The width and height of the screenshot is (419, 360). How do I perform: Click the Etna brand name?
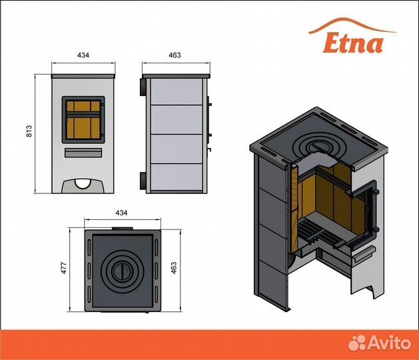[x=354, y=42]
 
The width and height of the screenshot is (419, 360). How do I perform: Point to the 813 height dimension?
[x=29, y=131]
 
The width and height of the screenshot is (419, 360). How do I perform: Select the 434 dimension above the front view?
[x=84, y=55]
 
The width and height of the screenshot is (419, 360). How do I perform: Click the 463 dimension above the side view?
[x=175, y=55]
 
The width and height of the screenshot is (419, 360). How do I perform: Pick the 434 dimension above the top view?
[x=121, y=213]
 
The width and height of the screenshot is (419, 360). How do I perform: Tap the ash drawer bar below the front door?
[x=84, y=153]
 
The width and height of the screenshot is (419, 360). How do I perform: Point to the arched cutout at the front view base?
[x=84, y=183]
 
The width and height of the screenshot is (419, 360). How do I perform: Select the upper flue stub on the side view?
[x=143, y=87]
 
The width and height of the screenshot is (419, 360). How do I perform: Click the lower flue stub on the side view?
[x=143, y=179]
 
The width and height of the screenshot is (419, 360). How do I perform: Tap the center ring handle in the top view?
[x=121, y=272]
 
